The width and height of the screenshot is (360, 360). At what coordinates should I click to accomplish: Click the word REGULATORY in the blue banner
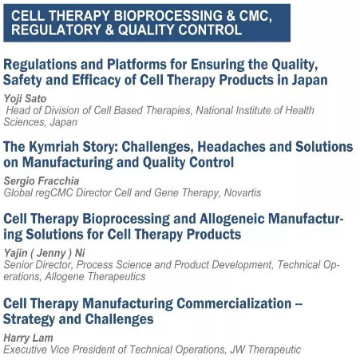point(56,30)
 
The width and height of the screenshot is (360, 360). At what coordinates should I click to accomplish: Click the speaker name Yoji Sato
point(25,99)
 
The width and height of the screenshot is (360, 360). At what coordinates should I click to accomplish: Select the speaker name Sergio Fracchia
point(42,181)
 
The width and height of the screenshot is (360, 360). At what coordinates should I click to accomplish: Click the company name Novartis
point(243,192)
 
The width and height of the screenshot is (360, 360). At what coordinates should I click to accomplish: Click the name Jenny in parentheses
point(51,253)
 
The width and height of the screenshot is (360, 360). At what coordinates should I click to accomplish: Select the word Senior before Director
point(18,265)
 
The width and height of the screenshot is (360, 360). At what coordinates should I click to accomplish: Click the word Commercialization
point(234,303)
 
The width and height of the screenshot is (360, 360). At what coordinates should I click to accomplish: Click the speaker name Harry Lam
point(28,338)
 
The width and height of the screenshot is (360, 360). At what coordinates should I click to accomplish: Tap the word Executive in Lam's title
point(25,350)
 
